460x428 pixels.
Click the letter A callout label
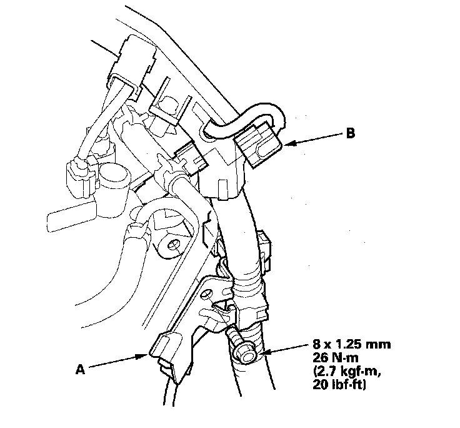[80, 369]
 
